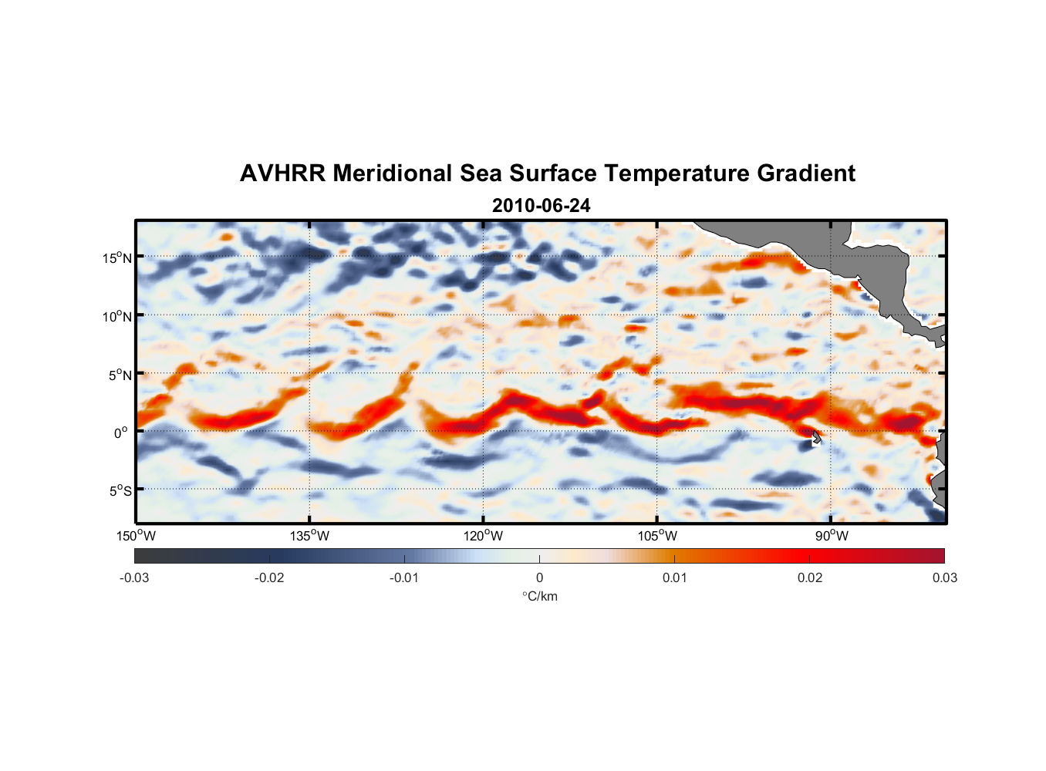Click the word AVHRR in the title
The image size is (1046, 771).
pos(282,173)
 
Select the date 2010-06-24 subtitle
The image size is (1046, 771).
pos(541,206)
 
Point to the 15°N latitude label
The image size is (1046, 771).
pos(117,258)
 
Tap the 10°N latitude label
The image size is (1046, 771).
pos(117,316)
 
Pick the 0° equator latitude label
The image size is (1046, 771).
pos(122,433)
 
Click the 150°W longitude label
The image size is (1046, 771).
pos(136,536)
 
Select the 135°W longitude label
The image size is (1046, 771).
pos(309,536)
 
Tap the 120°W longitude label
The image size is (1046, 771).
pos(483,536)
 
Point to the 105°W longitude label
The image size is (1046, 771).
pos(657,536)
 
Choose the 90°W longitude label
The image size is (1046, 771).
pos(832,536)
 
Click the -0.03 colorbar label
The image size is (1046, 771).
pos(134,577)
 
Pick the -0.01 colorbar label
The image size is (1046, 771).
pos(404,577)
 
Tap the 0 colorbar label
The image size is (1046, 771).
pos(539,577)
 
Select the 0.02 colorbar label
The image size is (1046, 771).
pos(810,577)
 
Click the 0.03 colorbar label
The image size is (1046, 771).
pos(944,577)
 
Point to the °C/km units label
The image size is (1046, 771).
pos(539,596)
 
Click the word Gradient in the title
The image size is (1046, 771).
pos(806,173)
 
